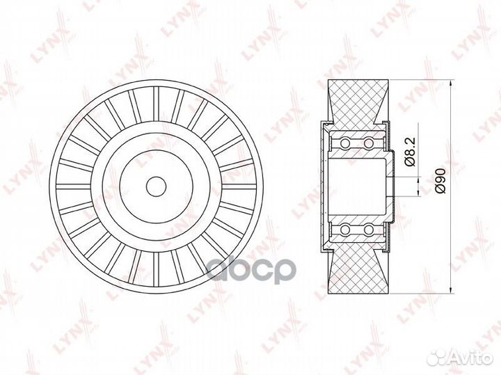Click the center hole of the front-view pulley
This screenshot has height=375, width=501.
[157, 186]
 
